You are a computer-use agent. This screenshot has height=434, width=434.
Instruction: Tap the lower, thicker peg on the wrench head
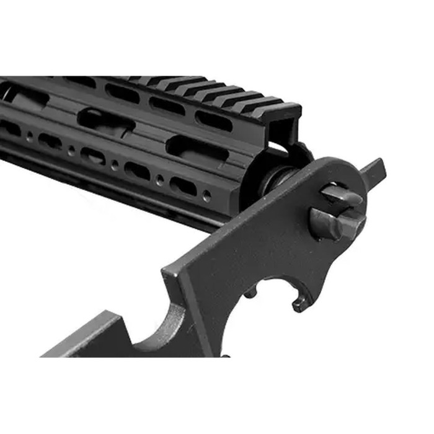(x=332, y=223)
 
